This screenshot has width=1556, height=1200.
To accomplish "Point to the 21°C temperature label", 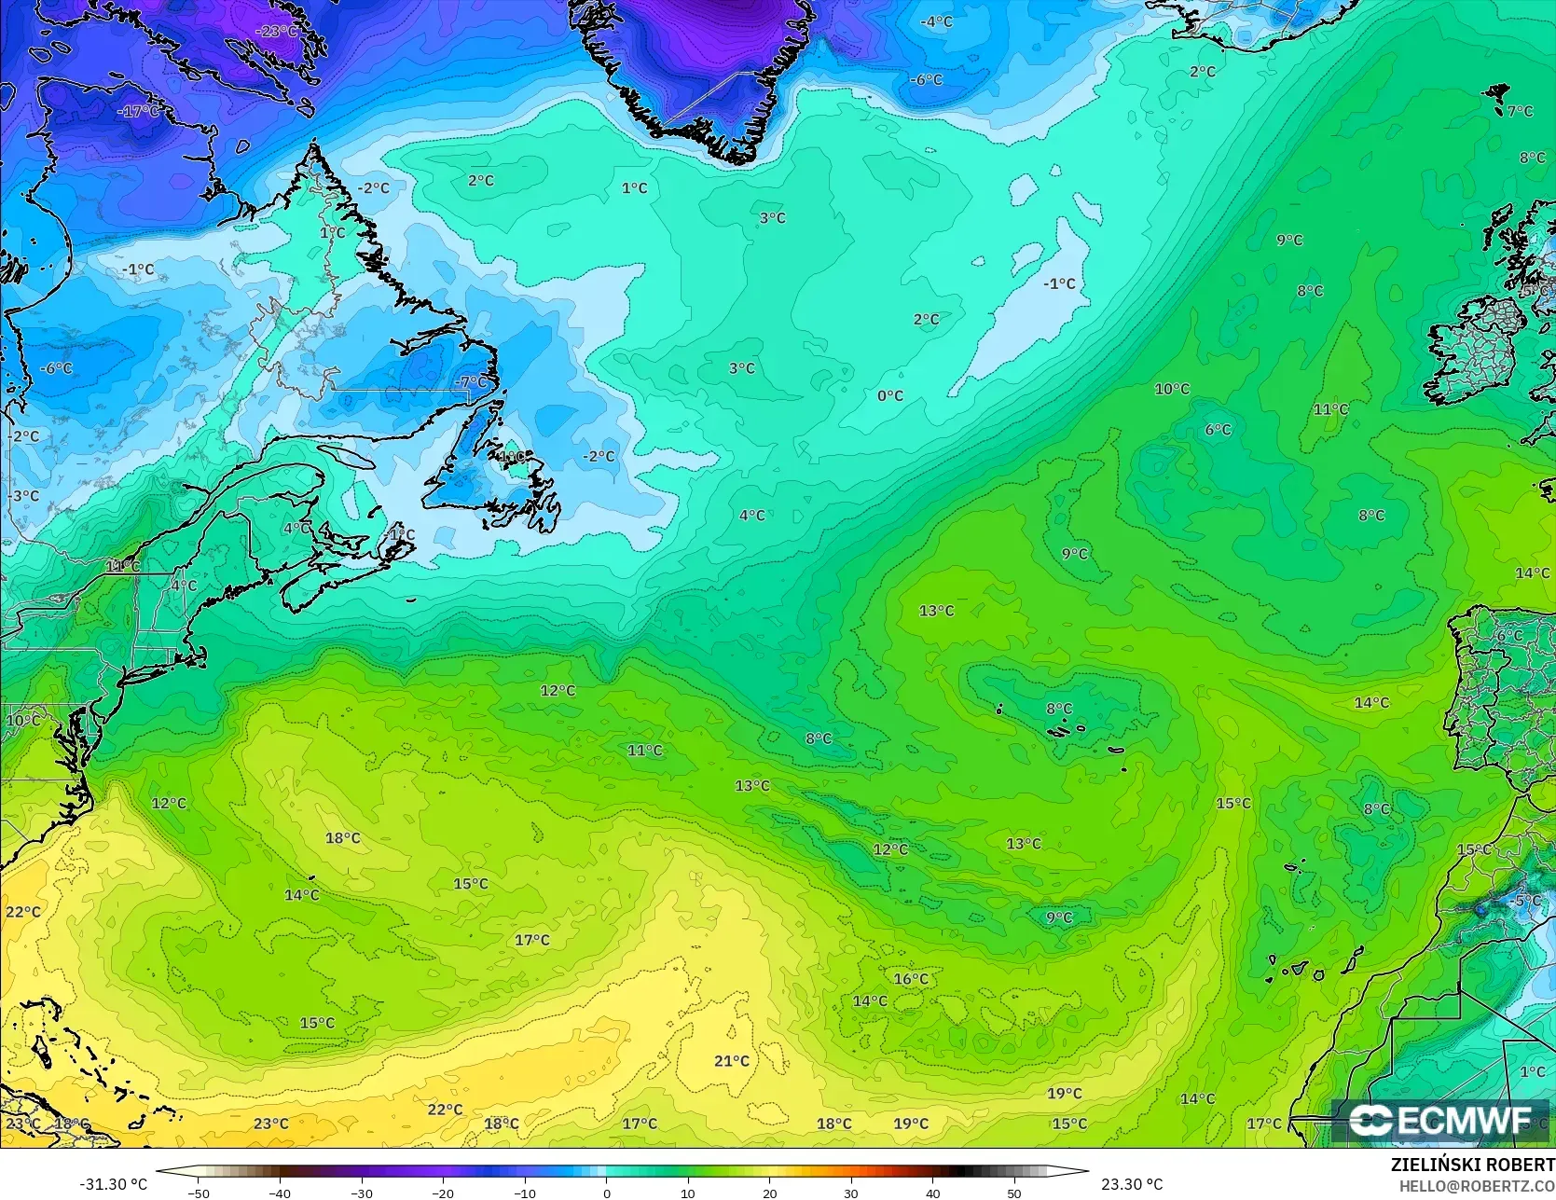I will pyautogui.click(x=732, y=1061).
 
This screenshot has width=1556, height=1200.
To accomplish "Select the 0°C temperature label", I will pyautogui.click(x=890, y=395).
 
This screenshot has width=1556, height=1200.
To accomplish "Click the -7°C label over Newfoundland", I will pyautogui.click(x=472, y=381).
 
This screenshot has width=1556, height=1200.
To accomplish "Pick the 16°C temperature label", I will pyautogui.click(x=911, y=979).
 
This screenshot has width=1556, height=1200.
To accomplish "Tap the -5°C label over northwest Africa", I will pyautogui.click(x=1525, y=901).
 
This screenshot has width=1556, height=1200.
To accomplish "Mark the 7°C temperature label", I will pyautogui.click(x=1520, y=111).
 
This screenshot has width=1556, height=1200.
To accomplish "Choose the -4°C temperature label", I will pyautogui.click(x=936, y=21).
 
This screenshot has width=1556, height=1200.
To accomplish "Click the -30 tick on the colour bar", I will pyautogui.click(x=362, y=1193).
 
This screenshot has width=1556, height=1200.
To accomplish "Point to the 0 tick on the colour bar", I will pyautogui.click(x=606, y=1193).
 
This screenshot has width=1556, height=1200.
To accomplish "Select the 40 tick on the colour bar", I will pyautogui.click(x=932, y=1193).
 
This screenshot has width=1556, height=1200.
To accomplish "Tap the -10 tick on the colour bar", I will pyautogui.click(x=525, y=1193).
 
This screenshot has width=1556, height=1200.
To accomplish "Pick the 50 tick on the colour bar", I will pyautogui.click(x=1014, y=1193).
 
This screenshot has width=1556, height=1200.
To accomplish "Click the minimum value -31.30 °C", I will pyautogui.click(x=113, y=1184).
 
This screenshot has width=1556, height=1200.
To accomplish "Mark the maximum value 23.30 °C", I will pyautogui.click(x=1132, y=1184).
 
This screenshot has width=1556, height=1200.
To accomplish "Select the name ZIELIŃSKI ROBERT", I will pyautogui.click(x=1472, y=1166).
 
